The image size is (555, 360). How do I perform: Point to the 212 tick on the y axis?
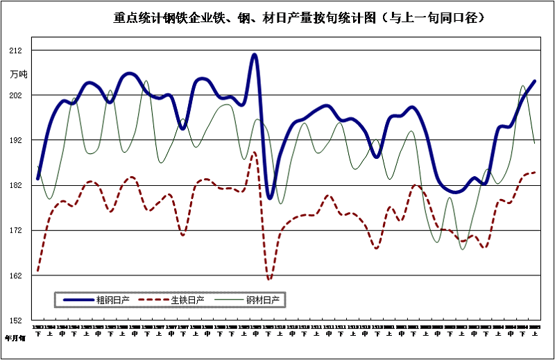coord(16,51)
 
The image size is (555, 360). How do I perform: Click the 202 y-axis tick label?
coord(16,96)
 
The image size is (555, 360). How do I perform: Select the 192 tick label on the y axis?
coord(16,141)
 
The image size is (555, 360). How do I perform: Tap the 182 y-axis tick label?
coord(16,186)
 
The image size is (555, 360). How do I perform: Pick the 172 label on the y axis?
coord(16,231)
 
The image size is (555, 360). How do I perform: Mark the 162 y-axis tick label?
coord(16,276)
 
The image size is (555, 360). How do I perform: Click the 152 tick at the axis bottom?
coord(16,321)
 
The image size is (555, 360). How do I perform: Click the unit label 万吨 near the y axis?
coord(19,74)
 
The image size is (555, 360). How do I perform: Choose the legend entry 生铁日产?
coord(188,300)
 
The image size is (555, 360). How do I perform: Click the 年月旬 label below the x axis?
coord(15,339)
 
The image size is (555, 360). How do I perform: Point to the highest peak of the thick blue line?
coord(255,54)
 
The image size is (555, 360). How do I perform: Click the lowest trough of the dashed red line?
coord(269,280)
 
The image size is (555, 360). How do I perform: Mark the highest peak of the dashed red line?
coord(255,152)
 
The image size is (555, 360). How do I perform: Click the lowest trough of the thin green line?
coord(463,248)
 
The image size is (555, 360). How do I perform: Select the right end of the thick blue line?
coord(535,81)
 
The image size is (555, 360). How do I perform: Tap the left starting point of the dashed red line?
coord(37,271)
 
